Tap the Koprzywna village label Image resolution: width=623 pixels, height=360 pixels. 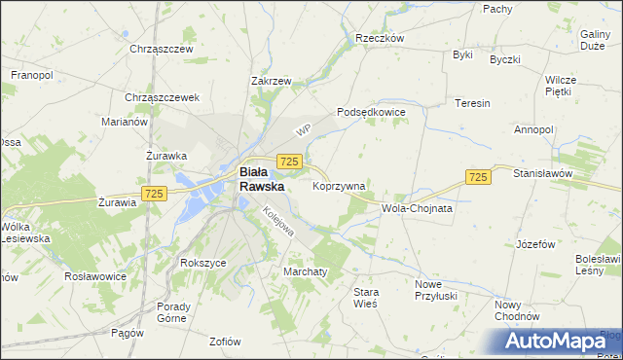coord(339,185)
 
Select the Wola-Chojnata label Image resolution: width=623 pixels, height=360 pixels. coord(419,208)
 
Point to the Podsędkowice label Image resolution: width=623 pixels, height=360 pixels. coord(371,113)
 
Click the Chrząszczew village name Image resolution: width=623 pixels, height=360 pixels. coord(162,49)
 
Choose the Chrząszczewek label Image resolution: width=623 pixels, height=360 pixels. coord(162,97)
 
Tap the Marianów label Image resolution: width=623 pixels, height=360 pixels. coord(124,122)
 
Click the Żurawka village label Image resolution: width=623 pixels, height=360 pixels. coord(166,155)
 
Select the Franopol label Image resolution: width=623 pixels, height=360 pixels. coord(31,74)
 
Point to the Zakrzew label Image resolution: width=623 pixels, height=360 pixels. coord(272,82)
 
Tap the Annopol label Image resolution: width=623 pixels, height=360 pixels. coord(534,129)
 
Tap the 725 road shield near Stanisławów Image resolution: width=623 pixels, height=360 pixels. coord(477,176)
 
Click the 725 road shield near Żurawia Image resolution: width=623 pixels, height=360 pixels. coord(153,195)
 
